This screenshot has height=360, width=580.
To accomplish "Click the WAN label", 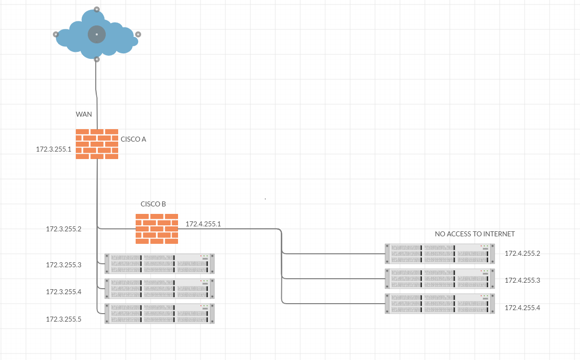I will [x=84, y=114].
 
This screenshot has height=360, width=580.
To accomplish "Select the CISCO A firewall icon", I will [x=97, y=144].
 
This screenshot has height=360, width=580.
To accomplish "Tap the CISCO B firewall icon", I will [x=157, y=229].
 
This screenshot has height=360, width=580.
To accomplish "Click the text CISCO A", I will [x=133, y=139].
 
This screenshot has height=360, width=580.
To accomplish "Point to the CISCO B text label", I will [x=153, y=204].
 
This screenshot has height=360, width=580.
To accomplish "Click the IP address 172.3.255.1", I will [x=54, y=149].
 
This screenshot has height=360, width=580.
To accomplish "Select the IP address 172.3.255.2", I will [x=64, y=229].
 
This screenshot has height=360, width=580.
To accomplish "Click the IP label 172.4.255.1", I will [x=203, y=224].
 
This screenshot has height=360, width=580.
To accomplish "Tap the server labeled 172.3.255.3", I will [x=160, y=264].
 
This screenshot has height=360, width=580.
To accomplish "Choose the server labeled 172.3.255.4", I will [x=160, y=289].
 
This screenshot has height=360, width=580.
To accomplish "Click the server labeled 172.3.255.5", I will [x=160, y=314].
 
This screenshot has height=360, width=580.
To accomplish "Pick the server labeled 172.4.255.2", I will [x=439, y=253].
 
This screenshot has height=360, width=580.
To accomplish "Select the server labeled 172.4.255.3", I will [x=439, y=278].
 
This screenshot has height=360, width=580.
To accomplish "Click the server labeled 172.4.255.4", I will [x=439, y=304].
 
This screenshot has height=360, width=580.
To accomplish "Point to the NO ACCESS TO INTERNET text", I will [x=475, y=234].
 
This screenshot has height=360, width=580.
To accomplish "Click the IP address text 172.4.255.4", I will [x=522, y=308].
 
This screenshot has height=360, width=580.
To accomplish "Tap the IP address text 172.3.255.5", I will [x=64, y=319].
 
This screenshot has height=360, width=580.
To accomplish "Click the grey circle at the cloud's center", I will [x=97, y=34].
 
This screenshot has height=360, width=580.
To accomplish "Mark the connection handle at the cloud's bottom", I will [x=97, y=59].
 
